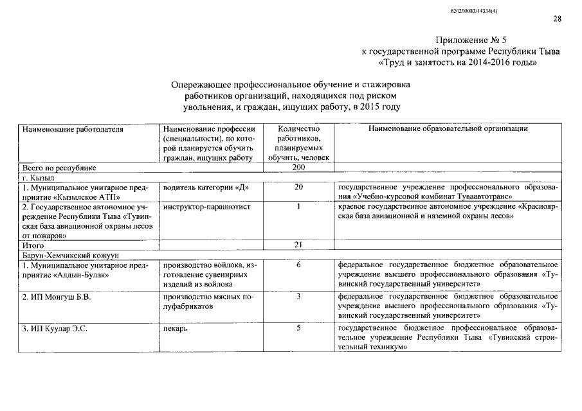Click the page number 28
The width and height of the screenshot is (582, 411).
(x=557, y=19)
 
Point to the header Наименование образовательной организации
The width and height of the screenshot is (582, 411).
(x=448, y=129)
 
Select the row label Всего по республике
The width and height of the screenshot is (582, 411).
(x=59, y=168)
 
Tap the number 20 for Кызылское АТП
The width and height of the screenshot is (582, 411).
(x=298, y=187)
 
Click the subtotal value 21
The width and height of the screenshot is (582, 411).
(x=298, y=245)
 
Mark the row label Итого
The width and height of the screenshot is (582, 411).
(x=33, y=245)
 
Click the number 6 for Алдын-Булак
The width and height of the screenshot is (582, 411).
(x=299, y=265)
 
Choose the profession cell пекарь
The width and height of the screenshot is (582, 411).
(x=176, y=329)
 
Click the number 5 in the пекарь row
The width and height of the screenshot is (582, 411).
(x=299, y=329)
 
